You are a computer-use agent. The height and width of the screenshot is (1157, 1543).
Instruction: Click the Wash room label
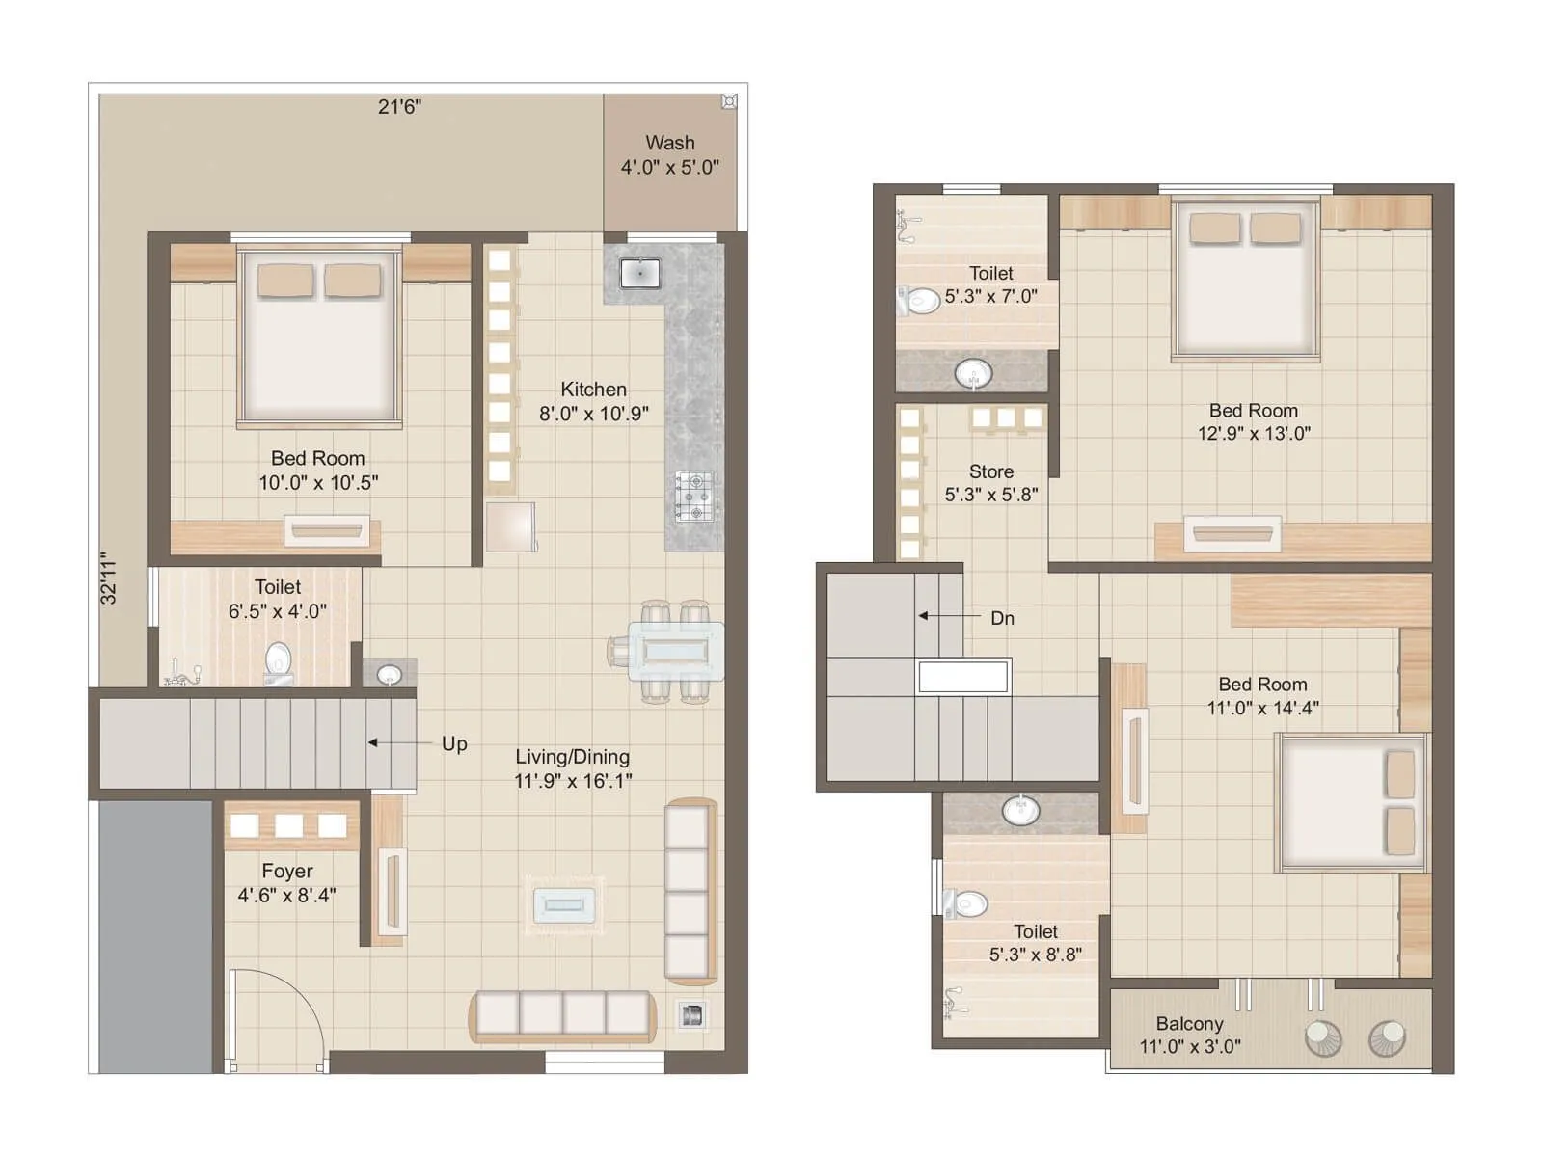(669, 143)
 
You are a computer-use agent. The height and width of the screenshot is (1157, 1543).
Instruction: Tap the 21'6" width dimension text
(399, 106)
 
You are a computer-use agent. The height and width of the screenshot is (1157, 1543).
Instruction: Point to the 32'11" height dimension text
(108, 578)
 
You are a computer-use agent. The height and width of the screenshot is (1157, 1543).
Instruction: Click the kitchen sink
(639, 273)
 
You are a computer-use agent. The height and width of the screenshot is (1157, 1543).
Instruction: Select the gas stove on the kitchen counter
(694, 496)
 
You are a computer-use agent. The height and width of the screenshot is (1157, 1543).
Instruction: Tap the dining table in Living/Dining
(675, 652)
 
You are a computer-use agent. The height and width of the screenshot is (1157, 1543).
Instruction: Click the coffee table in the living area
(564, 904)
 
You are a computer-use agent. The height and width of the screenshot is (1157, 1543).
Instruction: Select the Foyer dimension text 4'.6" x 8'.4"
(286, 895)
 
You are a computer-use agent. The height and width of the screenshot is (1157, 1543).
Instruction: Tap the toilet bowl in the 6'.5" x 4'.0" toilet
(278, 660)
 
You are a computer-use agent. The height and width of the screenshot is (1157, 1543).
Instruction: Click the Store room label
(990, 471)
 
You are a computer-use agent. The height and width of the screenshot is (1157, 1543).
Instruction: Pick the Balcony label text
(1189, 1023)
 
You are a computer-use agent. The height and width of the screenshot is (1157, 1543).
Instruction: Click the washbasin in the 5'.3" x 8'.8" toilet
(1020, 810)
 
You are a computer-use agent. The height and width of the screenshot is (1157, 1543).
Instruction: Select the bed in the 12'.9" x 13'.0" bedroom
(1244, 280)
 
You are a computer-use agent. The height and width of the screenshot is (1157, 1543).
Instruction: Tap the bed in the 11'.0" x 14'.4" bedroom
(1350, 802)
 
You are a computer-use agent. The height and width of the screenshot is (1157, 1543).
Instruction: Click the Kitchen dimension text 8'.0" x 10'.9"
(593, 414)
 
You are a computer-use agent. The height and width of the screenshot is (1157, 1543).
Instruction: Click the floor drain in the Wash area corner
(729, 101)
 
